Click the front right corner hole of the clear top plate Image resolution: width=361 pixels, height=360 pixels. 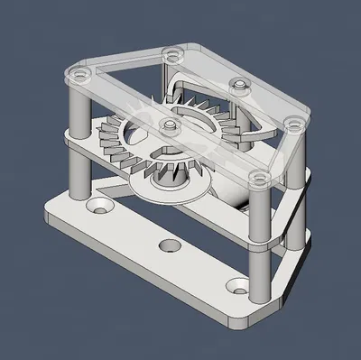click(258, 175)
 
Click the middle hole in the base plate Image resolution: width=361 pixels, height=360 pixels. click(168, 245)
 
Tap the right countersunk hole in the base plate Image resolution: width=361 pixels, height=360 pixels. click(238, 286)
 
